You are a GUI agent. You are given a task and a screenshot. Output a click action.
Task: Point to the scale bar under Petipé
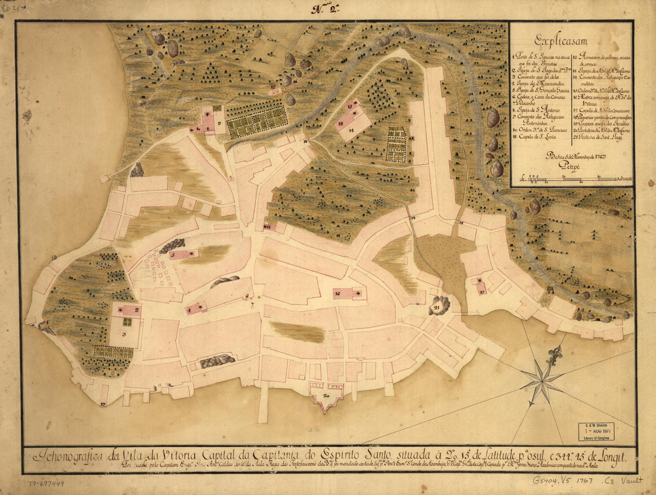point(575,177)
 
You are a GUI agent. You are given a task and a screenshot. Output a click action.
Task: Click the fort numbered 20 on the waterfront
point(326,395)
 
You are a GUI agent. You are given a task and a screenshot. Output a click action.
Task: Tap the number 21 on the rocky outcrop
point(440,305)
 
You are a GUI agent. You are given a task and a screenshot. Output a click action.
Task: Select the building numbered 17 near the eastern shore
point(481,286)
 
